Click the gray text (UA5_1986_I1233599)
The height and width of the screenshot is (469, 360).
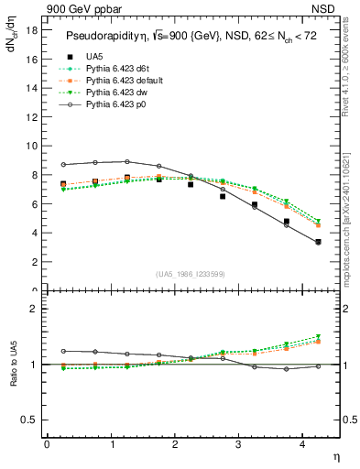[x=190, y=273]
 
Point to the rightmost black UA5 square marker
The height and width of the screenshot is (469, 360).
[x=318, y=242]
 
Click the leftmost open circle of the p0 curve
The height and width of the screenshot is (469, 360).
[x=62, y=165]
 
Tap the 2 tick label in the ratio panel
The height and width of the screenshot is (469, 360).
[x=33, y=309]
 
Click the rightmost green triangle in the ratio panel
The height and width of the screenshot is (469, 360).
[x=318, y=336]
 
